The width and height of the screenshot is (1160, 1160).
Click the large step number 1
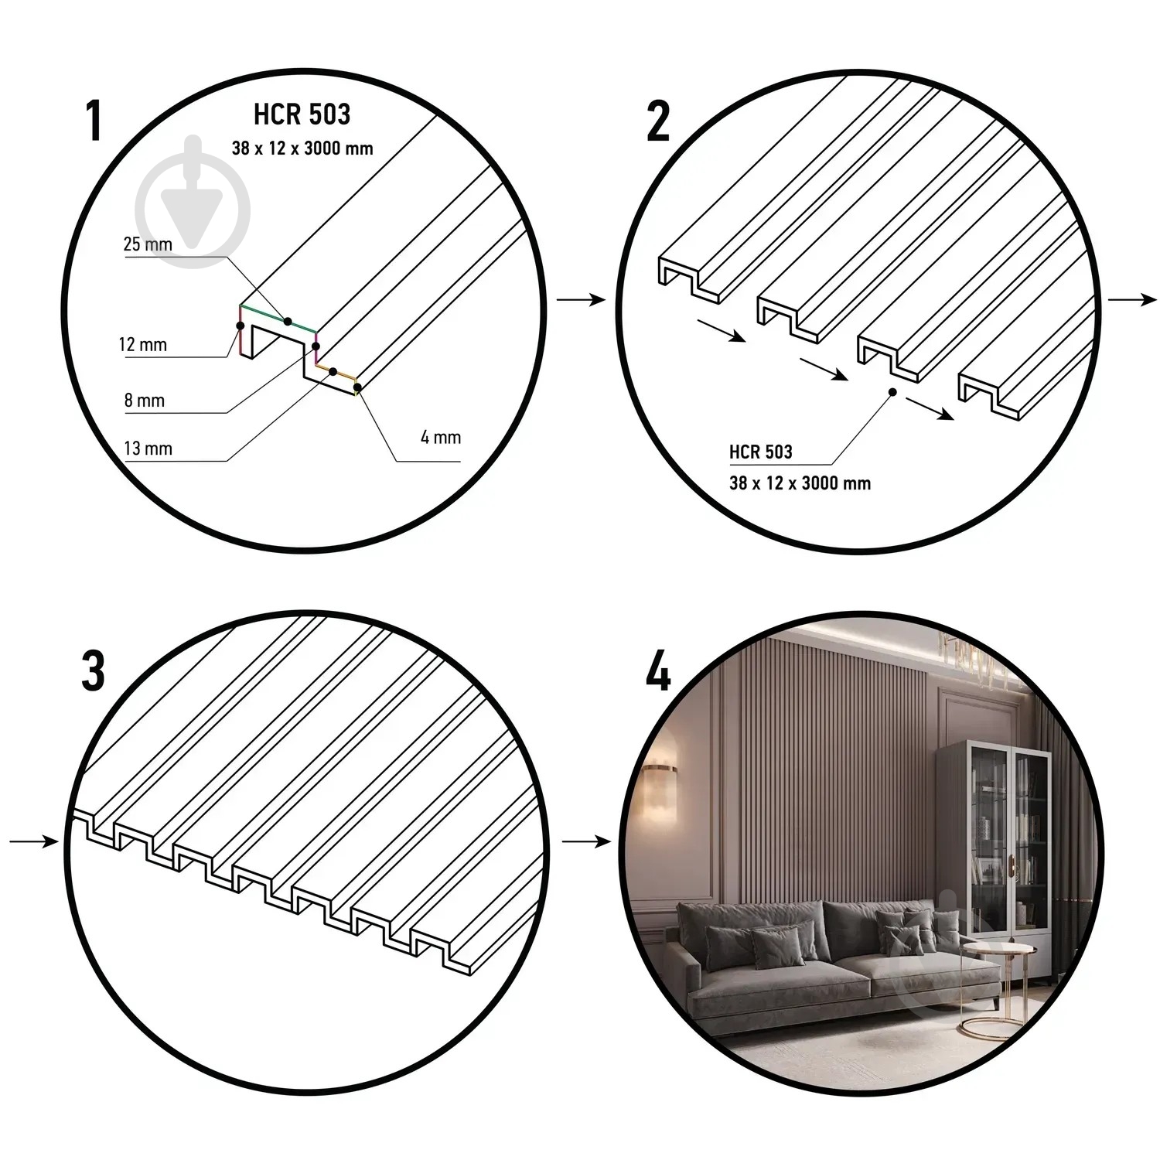click(94, 121)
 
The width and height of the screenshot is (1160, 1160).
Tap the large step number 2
click(658, 121)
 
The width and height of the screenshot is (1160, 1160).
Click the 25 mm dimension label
click(148, 244)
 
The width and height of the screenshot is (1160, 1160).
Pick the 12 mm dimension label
click(143, 344)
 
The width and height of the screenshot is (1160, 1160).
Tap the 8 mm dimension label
click(145, 401)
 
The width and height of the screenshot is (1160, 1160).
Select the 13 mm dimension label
click(148, 449)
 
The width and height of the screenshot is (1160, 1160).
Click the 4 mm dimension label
click(441, 437)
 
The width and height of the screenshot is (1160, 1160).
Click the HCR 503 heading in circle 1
click(302, 114)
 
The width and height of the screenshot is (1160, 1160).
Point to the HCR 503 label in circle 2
click(761, 452)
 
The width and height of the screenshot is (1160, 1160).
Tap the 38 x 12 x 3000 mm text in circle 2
click(800, 483)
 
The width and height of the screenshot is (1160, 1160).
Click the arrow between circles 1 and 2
click(581, 300)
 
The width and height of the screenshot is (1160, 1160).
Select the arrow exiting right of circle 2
click(1133, 300)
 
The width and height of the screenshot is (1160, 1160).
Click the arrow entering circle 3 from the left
click(34, 841)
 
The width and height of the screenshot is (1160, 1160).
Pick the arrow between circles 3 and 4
click(586, 841)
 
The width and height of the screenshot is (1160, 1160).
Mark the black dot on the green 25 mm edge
click(288, 321)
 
